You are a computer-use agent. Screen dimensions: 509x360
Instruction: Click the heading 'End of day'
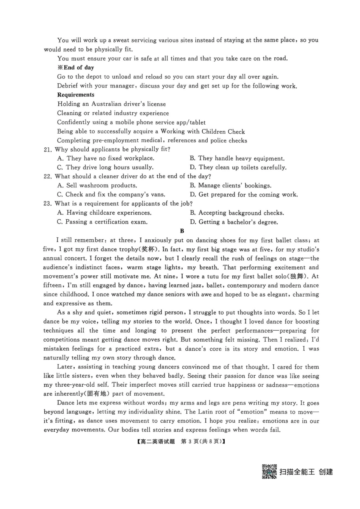tap(78, 67)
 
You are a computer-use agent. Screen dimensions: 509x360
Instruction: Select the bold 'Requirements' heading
tap(76, 95)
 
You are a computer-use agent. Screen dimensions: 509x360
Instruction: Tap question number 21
tap(47, 150)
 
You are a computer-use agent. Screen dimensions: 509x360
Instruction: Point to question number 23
tap(47, 204)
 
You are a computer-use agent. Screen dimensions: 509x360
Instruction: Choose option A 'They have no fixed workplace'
tap(106, 158)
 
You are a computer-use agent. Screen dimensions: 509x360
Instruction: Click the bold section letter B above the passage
tap(182, 231)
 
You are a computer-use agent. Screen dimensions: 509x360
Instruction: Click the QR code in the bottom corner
tap(269, 472)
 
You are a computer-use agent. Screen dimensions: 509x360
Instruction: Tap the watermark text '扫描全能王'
tap(297, 472)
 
